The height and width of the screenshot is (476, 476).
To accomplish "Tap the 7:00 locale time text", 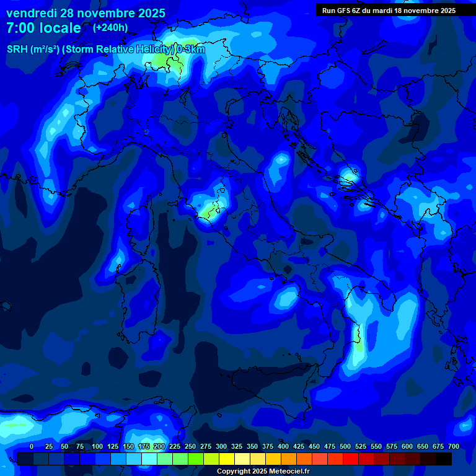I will tap(43, 29).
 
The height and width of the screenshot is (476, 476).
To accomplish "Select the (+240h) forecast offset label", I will tap(110, 27).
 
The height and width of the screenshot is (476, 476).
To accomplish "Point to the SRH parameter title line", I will tap(105, 50).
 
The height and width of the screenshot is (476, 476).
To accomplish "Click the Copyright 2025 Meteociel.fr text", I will tap(263, 472).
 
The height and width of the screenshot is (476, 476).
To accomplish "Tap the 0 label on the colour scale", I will tap(32, 446).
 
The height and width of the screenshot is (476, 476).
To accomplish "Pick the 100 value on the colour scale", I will tap(97, 446).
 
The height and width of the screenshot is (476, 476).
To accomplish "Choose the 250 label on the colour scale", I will tap(190, 446).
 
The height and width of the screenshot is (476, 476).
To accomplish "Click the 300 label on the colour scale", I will tap(221, 446).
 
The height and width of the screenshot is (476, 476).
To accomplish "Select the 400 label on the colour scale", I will tap(283, 446).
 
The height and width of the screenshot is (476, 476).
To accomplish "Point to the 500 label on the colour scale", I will tap(345, 446).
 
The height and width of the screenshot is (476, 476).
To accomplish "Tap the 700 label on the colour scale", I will tap(453, 446).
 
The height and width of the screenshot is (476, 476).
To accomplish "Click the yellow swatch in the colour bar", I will tap(226, 459).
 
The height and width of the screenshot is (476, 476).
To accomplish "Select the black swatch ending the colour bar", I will tap(444, 459).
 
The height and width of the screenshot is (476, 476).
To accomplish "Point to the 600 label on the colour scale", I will tap(407, 446).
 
